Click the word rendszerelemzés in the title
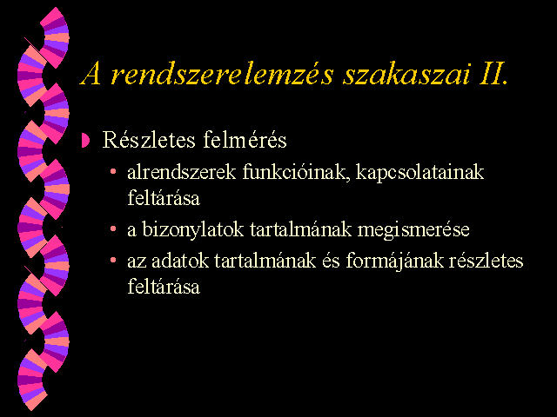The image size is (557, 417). click(223, 75)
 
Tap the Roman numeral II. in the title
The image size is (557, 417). click(493, 75)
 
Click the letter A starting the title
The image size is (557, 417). click(91, 75)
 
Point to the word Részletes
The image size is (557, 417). click(149, 139)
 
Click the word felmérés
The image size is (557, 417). click(245, 139)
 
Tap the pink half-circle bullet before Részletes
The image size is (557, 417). click(85, 140)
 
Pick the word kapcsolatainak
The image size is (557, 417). click(419, 173)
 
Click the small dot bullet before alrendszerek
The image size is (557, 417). click(113, 172)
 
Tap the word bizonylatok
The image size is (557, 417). click(193, 229)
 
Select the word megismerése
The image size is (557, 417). click(413, 230)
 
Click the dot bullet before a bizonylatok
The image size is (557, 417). click(113, 228)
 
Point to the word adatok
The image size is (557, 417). click(180, 261)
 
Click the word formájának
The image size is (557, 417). click(394, 261)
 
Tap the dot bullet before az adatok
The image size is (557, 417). click(113, 261)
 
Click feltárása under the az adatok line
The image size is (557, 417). click(164, 286)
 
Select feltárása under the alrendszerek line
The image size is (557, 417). click(164, 197)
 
